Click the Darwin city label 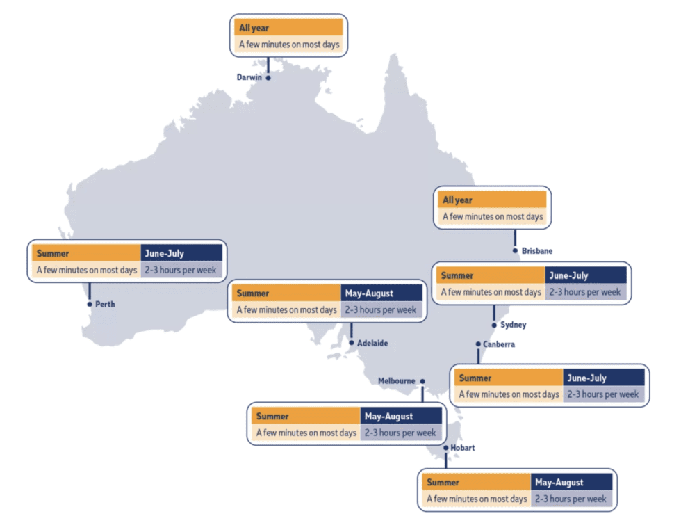click(x=249, y=77)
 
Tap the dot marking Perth click(x=90, y=304)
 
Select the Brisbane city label click(x=537, y=250)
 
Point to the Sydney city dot click(x=494, y=325)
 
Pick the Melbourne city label click(x=396, y=380)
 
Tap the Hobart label click(x=463, y=448)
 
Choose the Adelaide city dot click(x=352, y=343)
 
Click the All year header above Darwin click(x=288, y=28)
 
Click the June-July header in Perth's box click(x=181, y=254)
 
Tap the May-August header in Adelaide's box click(x=381, y=293)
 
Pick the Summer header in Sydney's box click(x=490, y=275)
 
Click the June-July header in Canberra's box click(x=603, y=378)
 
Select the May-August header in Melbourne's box click(x=401, y=417)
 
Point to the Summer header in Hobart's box click(x=475, y=482)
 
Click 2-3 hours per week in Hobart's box click(x=572, y=499)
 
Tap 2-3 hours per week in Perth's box click(x=181, y=270)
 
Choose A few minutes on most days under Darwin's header click(x=288, y=45)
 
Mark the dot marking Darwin click(x=268, y=77)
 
